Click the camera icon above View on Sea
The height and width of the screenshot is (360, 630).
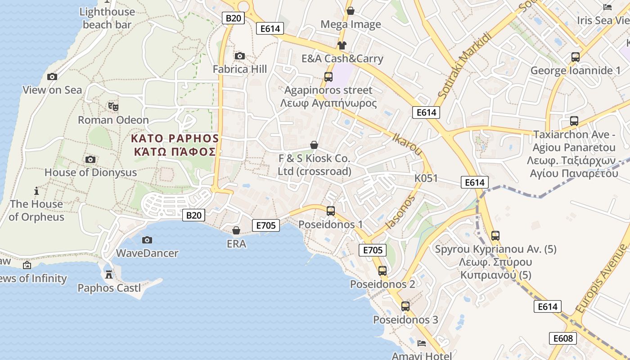pyautogui.click(x=52, y=76)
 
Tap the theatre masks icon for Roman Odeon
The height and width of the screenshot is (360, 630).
pyautogui.click(x=113, y=107)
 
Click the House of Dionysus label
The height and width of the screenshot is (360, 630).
pyautogui.click(x=90, y=172)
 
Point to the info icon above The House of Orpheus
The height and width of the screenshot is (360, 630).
pyautogui.click(x=36, y=191)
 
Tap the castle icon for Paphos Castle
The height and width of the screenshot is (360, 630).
pyautogui.click(x=108, y=274)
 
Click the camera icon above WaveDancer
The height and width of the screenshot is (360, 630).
pyautogui.click(x=147, y=240)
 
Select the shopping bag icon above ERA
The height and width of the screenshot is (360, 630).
pyautogui.click(x=236, y=230)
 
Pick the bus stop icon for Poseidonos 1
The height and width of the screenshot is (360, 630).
pyautogui.click(x=331, y=211)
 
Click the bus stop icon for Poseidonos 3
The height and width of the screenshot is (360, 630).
pyautogui.click(x=405, y=306)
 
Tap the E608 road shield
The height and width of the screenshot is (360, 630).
pyautogui.click(x=562, y=338)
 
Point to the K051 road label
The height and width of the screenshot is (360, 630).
pyautogui.click(x=426, y=178)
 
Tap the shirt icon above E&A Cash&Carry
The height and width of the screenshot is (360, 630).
pyautogui.click(x=342, y=45)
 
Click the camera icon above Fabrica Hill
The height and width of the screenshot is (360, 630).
pyautogui.click(x=240, y=56)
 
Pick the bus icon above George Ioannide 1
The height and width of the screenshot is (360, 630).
pyautogui.click(x=576, y=57)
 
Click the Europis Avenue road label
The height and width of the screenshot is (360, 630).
pyautogui.click(x=601, y=279)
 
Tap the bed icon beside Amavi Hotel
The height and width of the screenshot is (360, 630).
pyautogui.click(x=422, y=343)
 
